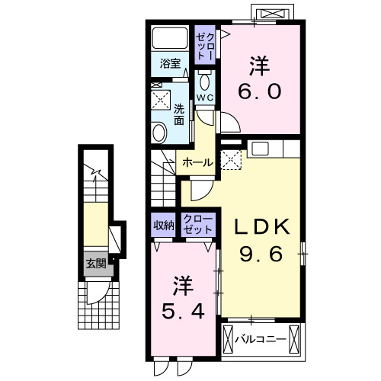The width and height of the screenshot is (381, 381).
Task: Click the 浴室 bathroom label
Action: tap(170, 64)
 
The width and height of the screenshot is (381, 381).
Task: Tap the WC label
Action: tap(205, 98)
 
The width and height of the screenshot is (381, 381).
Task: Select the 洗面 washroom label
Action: tap(179, 114)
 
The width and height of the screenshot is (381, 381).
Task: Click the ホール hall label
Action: tap(197, 162)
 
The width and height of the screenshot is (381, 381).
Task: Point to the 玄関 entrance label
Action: tap(95, 264)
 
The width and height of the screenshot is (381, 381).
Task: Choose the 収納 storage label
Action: tap(163, 225)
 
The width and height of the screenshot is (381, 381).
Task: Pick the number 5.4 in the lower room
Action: tap(183, 312)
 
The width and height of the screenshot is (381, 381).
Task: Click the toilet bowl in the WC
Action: tap(205, 82)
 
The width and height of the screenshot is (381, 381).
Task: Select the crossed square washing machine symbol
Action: tap(160, 99)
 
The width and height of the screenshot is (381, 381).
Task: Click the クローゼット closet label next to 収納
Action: tap(197, 225)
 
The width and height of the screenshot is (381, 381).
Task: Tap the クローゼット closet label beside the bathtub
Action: tap(205, 42)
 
